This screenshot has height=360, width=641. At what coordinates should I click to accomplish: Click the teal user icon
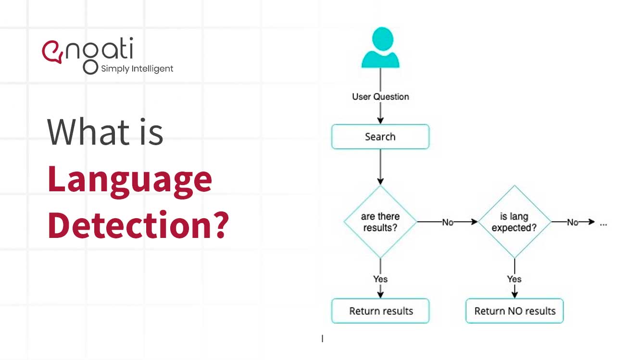click(380, 48)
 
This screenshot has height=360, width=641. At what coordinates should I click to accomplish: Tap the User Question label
click(380, 97)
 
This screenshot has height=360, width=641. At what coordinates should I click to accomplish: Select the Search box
click(380, 137)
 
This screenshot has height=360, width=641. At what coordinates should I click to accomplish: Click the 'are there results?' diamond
click(380, 222)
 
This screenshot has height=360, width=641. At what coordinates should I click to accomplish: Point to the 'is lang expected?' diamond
click(514, 222)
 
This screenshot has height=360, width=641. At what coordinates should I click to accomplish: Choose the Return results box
click(380, 311)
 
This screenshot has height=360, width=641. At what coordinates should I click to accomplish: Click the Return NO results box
click(515, 311)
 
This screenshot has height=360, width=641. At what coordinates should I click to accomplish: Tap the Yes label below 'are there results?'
click(380, 279)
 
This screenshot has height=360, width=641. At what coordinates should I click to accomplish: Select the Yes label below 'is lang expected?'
click(515, 279)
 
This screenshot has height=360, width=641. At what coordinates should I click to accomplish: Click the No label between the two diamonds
click(448, 222)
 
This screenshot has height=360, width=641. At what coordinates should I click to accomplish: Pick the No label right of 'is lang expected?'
click(572, 222)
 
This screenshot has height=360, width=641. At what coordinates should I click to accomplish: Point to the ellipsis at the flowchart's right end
click(604, 223)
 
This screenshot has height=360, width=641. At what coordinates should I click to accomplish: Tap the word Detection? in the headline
click(138, 224)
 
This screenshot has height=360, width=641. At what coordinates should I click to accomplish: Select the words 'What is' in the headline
click(105, 132)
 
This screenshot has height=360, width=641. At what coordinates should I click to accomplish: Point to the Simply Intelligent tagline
click(137, 69)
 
